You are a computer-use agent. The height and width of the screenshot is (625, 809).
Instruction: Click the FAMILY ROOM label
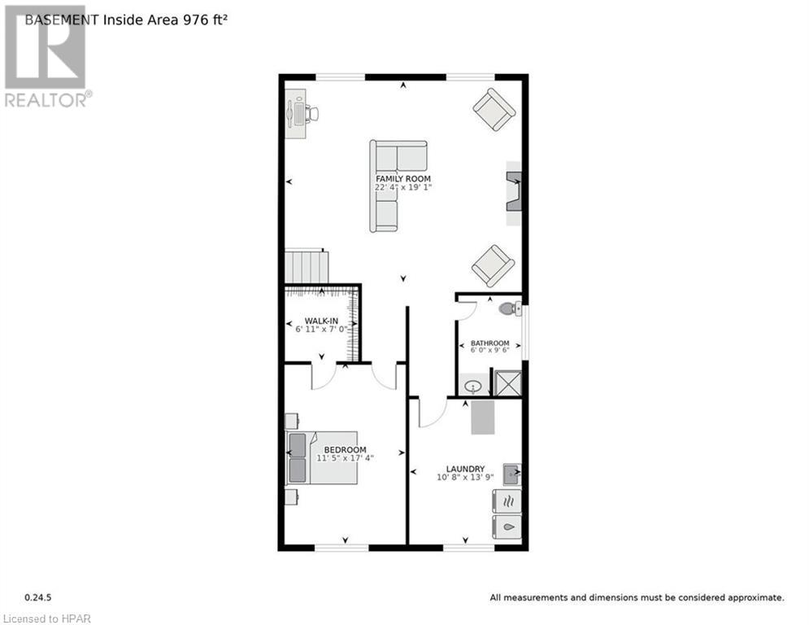402,178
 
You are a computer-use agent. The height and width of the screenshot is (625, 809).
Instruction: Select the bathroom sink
472,386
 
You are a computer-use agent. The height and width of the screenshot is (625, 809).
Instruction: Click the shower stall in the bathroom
507,383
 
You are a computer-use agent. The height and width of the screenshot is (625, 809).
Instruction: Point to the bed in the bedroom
322,457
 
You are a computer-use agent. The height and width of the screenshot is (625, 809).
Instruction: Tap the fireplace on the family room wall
514,192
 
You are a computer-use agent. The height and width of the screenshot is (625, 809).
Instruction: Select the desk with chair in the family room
298,113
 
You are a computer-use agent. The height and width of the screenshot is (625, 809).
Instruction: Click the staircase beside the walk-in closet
306,266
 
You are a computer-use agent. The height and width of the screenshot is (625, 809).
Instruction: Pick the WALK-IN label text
321,320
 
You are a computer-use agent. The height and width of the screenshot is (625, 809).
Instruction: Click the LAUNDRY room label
465,469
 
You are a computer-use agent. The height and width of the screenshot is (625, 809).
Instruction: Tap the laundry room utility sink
511,472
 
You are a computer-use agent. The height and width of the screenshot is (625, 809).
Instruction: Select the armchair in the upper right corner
494,109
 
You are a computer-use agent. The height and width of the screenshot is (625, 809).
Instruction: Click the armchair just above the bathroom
493,265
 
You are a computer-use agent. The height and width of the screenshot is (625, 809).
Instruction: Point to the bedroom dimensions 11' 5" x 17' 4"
345,458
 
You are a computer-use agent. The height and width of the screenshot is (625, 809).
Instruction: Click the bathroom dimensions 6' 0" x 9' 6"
489,352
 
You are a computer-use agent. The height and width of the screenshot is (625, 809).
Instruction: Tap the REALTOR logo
46,56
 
